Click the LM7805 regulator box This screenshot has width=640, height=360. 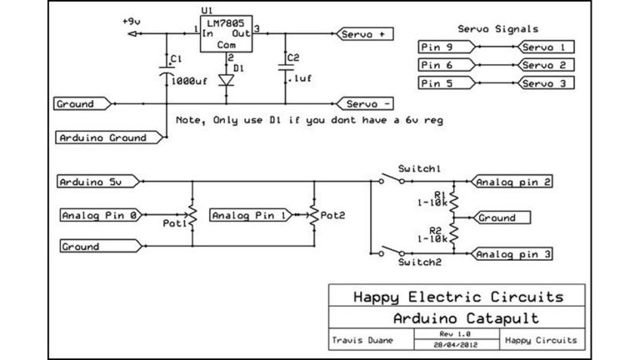click(x=227, y=34)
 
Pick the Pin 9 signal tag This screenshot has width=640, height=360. click(x=445, y=47)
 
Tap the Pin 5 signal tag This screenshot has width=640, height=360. click(x=445, y=82)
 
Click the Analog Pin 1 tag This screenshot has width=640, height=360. click(x=247, y=215)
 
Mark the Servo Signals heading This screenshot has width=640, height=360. click(x=498, y=28)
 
